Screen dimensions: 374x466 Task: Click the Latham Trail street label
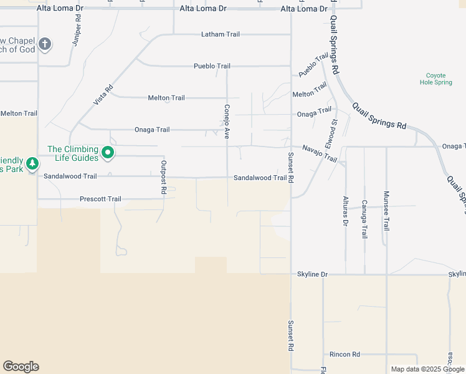[x=220, y=34]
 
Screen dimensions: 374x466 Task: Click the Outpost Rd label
[x=164, y=177]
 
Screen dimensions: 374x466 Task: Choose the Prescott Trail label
[x=100, y=199]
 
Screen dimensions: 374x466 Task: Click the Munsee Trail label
[x=386, y=211]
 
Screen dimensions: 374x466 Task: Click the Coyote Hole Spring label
[x=435, y=79]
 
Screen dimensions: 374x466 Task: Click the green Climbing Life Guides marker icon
[x=108, y=153]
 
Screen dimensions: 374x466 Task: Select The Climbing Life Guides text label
[x=73, y=153]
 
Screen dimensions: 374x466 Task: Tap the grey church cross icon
[x=44, y=44]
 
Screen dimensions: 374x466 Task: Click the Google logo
[x=21, y=367]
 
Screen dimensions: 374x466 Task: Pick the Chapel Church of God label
[x=17, y=45]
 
